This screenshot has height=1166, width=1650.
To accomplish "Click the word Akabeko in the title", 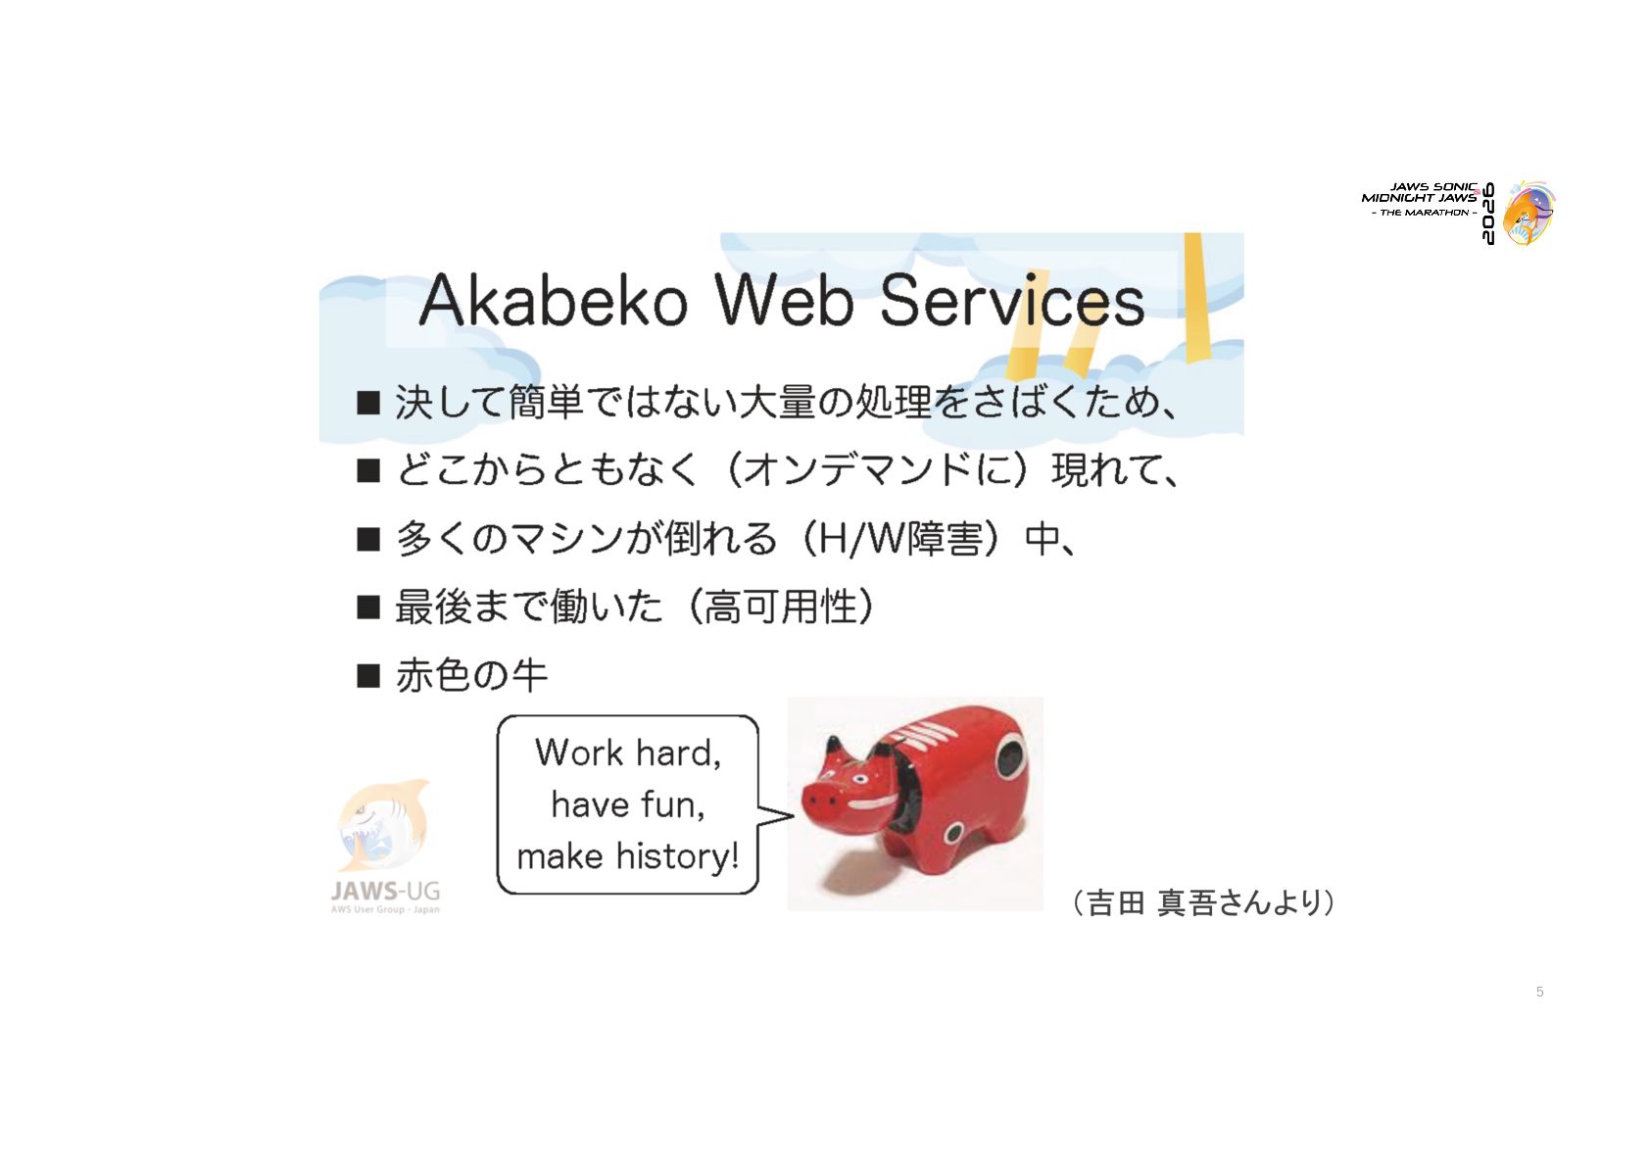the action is coord(553,300).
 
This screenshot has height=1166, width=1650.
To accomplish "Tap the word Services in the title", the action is coord(1012,300).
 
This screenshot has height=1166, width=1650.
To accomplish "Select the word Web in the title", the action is coord(784,300).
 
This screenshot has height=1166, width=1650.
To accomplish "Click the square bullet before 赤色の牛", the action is coord(368,675).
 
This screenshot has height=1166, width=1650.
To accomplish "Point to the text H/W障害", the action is coord(892,539).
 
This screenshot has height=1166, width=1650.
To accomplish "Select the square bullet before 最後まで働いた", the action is coord(368,607).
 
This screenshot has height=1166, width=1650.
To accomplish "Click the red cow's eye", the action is coord(859,779).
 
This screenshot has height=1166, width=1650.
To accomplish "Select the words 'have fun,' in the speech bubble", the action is coord(628,804).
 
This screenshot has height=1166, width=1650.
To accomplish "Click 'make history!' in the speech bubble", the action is coord(628,856).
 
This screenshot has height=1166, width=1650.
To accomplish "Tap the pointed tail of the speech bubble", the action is coord(792,814).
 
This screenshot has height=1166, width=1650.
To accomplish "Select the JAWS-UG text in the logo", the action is coord(385,892).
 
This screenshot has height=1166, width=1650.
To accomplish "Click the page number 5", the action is coord(1539,992).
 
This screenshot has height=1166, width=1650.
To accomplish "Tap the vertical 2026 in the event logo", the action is coord(1488,214).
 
